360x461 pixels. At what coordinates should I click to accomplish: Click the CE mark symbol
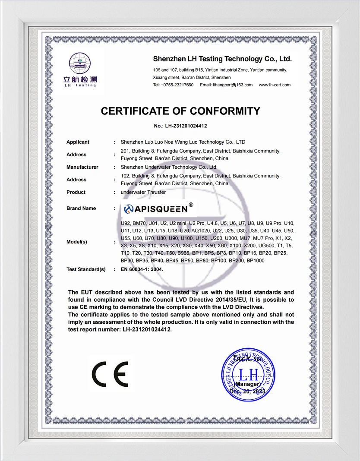tap(110, 374)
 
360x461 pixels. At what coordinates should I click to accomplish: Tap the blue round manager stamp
tap(247, 374)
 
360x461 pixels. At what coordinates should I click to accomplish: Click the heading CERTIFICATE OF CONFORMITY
tap(180, 111)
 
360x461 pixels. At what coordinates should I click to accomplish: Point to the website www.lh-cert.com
tap(275, 85)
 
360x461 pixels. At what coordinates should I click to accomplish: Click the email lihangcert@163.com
tap(226, 85)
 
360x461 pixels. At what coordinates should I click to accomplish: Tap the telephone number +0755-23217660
tap(177, 85)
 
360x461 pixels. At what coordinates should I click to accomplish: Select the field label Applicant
tap(78, 142)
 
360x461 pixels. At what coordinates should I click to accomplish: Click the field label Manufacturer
tap(82, 167)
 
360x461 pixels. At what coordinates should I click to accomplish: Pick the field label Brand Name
tap(81, 208)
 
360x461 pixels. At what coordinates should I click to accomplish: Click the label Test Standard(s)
tap(86, 269)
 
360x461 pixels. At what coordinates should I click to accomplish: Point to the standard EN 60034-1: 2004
tap(142, 269)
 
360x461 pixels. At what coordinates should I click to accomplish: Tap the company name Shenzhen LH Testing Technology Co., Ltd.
tap(222, 59)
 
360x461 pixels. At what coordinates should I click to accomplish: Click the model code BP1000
tap(255, 261)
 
